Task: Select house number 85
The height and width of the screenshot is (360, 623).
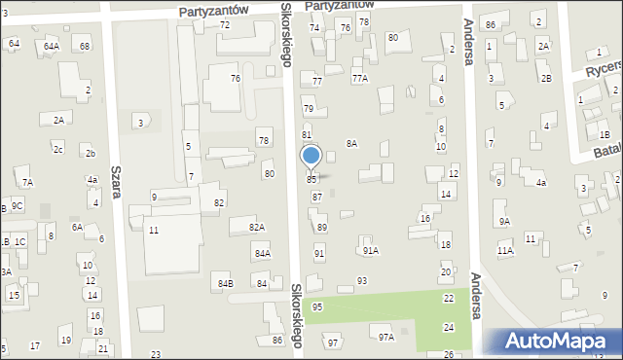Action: pos(311,180)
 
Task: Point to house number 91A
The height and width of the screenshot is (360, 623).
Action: pos(370,250)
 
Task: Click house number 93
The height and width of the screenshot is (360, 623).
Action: pos(362,280)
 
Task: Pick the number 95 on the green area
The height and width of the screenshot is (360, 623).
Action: pos(317,306)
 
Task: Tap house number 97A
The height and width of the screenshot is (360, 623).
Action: pos(386,338)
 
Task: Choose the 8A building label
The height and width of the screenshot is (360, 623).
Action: pos(351,143)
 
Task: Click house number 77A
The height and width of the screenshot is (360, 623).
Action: pos(359,77)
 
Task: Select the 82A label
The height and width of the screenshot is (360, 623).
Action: pos(256,227)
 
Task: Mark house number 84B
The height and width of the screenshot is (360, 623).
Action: pos(225,284)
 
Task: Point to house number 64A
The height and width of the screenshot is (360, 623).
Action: pos(51,46)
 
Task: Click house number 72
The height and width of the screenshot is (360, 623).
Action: pos(225,24)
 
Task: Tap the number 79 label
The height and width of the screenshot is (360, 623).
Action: pos(309,108)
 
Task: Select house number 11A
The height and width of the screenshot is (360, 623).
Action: pos(504,250)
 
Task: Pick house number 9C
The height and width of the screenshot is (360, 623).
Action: pos(18,205)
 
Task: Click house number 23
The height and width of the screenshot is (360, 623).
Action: pos(156,354)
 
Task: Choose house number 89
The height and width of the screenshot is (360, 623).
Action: pos(322,227)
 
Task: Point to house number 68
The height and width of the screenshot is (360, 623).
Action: pos(85,46)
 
